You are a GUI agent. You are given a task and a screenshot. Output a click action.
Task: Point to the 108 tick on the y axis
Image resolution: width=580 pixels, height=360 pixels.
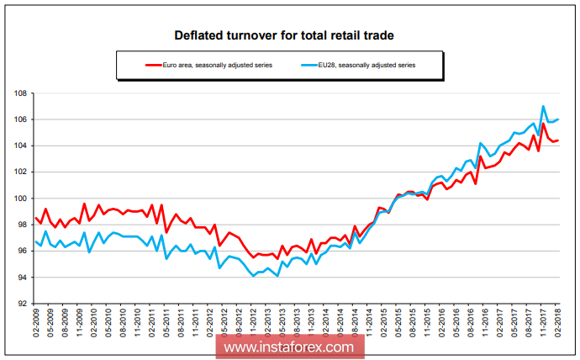19,93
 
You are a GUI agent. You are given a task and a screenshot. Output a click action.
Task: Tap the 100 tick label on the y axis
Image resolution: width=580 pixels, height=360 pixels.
19,199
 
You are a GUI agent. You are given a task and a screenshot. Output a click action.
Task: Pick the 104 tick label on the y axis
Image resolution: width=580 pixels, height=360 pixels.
19,146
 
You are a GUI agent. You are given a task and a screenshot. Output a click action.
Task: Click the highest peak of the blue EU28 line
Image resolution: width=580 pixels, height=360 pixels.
544,106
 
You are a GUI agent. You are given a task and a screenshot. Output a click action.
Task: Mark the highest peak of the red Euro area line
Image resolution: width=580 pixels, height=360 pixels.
544,124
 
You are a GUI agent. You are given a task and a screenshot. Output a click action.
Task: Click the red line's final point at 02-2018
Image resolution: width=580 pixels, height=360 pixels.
559,140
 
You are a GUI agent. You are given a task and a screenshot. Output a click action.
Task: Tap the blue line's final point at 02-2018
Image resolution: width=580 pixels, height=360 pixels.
559,119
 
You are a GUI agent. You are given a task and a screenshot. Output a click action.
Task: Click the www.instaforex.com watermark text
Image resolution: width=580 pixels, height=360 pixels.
289,346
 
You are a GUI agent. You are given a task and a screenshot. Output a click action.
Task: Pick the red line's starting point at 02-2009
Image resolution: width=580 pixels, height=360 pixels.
34,217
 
